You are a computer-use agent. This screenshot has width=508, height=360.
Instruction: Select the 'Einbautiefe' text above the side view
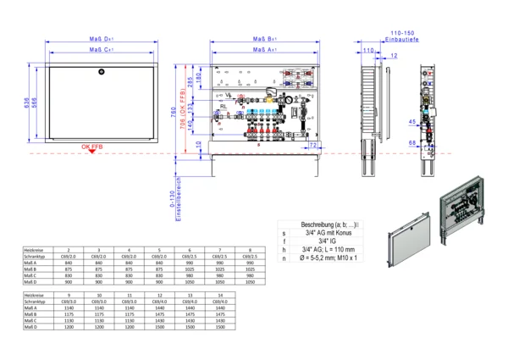(x=399, y=40)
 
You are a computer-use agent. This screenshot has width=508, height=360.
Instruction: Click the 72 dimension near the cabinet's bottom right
(x=312, y=146)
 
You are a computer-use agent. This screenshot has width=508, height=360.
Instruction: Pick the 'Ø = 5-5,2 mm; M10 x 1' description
(x=327, y=257)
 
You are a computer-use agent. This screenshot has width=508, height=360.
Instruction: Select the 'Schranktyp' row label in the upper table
(x=34, y=256)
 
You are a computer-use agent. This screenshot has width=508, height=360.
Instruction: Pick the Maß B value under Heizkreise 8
(x=247, y=269)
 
